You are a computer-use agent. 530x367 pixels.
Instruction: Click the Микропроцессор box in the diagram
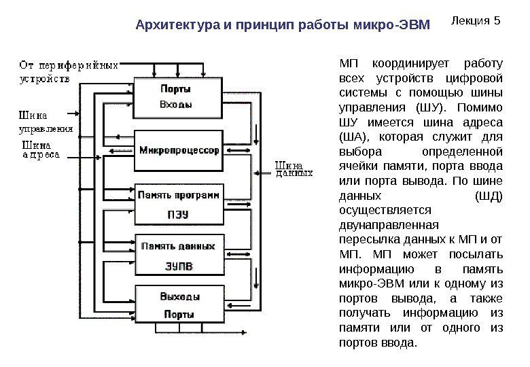click(179, 150)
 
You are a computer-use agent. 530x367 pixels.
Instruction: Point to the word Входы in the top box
click(175, 105)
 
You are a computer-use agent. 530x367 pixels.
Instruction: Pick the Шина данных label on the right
click(294, 167)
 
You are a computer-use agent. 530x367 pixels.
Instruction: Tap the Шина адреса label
click(41, 150)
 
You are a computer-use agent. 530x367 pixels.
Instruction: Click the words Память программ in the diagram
click(179, 194)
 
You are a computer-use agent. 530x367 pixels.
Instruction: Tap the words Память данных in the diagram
click(178, 246)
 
